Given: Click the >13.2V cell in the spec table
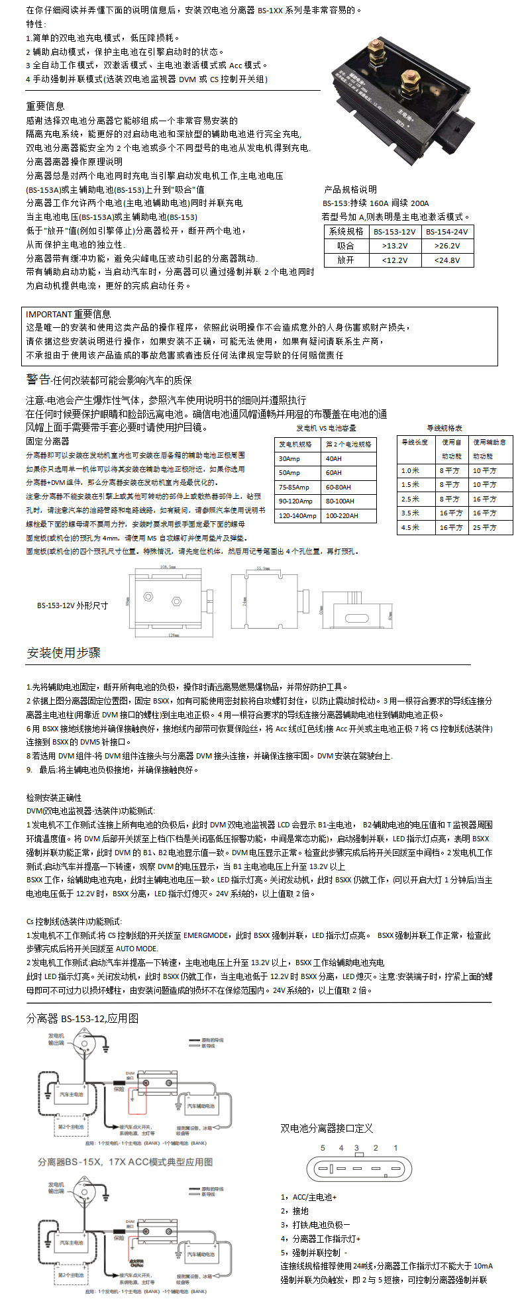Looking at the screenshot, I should pos(395,246).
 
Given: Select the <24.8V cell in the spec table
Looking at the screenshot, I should pos(447,260).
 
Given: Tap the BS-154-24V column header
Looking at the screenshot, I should pos(447,232).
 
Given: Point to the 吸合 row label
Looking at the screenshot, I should pos(346,246).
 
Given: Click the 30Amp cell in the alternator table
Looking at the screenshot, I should pos(289,458).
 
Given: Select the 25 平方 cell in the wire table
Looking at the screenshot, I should pos(485,527).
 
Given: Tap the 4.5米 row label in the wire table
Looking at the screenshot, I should pos(411,527).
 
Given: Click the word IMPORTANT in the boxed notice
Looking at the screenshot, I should pos(48,314).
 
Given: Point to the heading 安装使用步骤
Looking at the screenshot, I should pos(64,652).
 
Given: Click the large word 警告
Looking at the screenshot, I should pos(38,379).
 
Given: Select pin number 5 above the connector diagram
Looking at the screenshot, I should pos(323,1148).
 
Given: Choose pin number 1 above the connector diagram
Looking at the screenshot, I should pos(395,1148).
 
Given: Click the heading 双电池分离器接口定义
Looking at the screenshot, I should pos(327,1128).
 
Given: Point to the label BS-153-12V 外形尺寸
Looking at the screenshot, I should pos(72,605).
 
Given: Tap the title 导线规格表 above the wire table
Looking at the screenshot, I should pos(445,429).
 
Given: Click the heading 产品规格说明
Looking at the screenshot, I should pos(350,189).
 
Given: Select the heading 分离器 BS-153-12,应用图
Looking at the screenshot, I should pos(82,1018).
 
